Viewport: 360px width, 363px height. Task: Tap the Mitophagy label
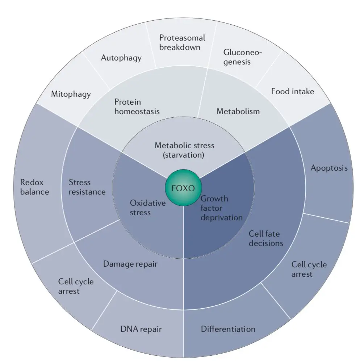(71, 94)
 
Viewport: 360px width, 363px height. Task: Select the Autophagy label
(121, 58)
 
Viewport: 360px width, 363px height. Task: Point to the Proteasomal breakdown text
(182, 42)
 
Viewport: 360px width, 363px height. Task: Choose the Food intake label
(293, 91)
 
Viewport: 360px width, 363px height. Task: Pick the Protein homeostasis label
(137, 107)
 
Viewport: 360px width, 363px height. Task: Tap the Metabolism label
(238, 111)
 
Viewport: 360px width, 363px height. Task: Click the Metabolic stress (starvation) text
(184, 150)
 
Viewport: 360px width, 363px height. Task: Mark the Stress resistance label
(87, 187)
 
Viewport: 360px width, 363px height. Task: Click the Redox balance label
(34, 187)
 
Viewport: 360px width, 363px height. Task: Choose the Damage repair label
(130, 264)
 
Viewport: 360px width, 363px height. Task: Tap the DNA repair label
(141, 329)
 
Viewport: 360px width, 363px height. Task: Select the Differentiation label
(228, 329)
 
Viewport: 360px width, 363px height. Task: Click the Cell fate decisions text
(266, 238)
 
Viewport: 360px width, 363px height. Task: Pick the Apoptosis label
(329, 168)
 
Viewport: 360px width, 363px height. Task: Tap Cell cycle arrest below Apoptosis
(309, 269)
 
